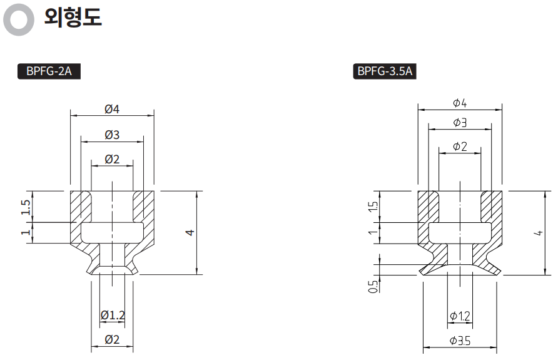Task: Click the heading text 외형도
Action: point(73,18)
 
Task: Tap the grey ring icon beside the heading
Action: point(19,19)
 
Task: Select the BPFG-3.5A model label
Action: point(385,71)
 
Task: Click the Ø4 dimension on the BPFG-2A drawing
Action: point(112,109)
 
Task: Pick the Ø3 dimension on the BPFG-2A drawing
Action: point(112,135)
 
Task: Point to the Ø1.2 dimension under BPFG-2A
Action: point(112,315)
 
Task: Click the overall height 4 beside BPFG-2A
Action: point(191,232)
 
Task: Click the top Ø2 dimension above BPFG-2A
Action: point(112,159)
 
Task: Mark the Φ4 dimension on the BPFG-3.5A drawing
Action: point(460,103)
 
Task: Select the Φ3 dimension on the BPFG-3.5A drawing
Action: point(460,123)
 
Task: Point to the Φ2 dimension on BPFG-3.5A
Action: point(460,147)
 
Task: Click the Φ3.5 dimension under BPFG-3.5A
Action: point(460,341)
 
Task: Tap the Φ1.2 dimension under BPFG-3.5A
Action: point(460,317)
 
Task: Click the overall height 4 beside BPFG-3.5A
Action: point(538,232)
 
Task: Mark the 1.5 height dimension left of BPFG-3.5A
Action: point(373,207)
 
